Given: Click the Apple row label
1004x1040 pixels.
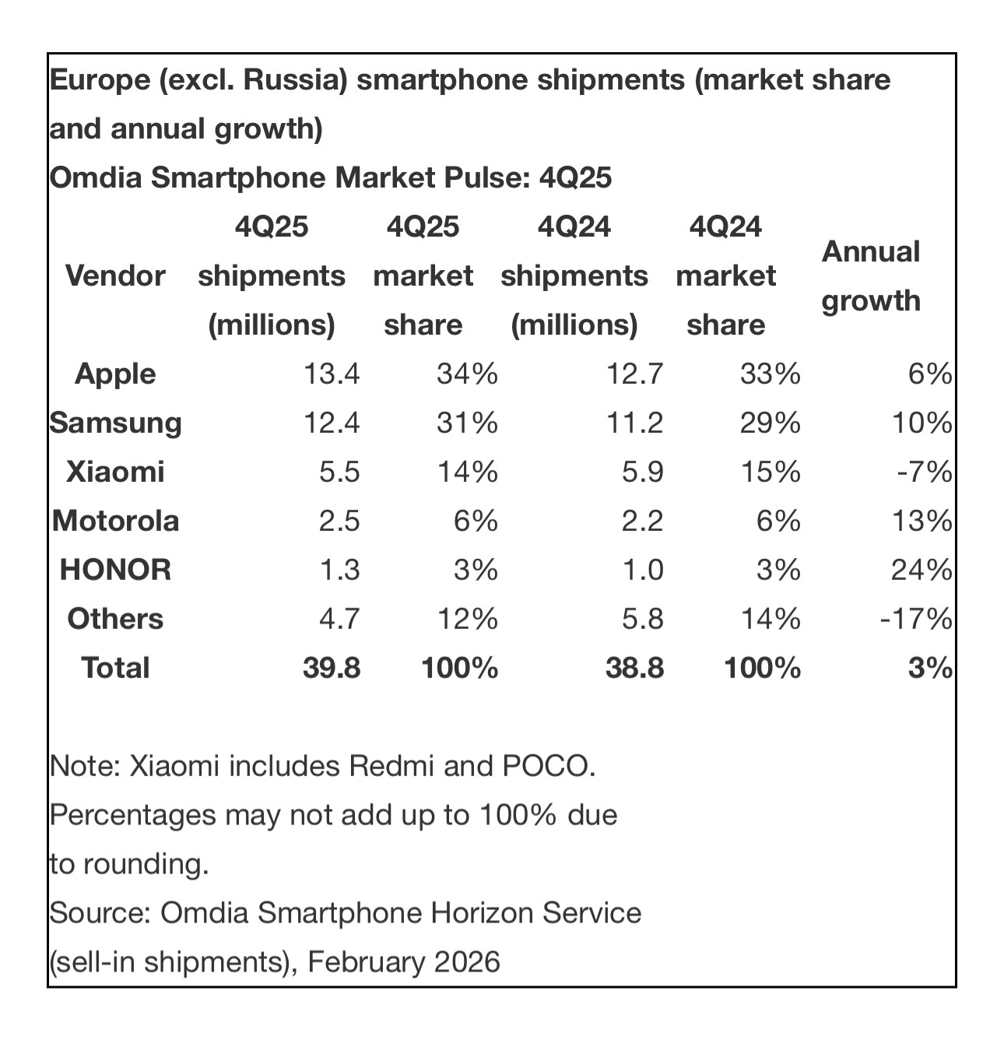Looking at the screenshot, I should (x=115, y=374).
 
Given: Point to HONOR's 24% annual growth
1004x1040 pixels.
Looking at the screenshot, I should (x=921, y=571).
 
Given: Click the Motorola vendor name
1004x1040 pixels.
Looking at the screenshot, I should (x=115, y=521).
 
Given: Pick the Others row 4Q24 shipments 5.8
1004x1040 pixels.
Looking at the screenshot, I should (x=634, y=620).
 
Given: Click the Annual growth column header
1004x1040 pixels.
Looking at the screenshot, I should (x=871, y=276).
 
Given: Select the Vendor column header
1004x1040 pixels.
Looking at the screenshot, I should (x=115, y=276).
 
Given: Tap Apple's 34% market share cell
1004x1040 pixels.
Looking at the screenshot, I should (x=467, y=374).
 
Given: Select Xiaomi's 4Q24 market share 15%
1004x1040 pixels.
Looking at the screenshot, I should (x=770, y=473).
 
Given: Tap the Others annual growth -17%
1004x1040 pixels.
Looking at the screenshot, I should (x=916, y=620).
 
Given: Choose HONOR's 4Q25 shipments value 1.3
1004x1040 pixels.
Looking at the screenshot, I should (x=340, y=571).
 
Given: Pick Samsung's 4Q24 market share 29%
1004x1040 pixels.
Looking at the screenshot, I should (x=770, y=423).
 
